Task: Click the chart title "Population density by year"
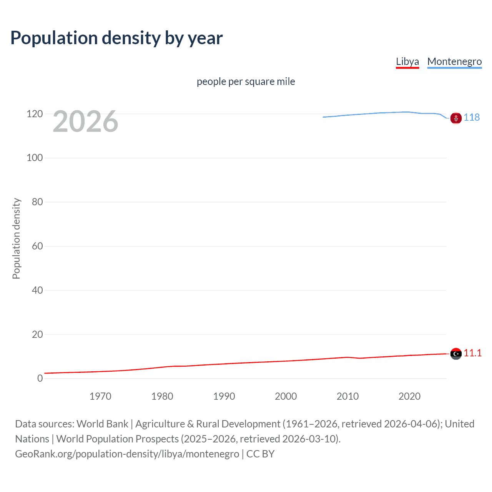116,38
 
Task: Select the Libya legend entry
407,61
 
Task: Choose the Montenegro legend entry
454,61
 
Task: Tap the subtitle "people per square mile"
246,81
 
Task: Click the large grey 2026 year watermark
85,121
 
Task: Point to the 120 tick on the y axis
35,114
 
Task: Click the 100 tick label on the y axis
35,158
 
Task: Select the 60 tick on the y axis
37,246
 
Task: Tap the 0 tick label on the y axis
40,378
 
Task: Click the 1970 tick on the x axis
100,396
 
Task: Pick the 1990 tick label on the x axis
224,396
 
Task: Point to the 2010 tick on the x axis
347,396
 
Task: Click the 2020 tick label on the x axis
409,396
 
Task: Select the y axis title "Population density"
16,238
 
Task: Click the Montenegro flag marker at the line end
456,118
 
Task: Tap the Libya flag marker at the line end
456,354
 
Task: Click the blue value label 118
472,117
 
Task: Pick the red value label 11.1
472,353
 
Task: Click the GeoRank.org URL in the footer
127,454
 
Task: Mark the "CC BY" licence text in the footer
260,454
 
